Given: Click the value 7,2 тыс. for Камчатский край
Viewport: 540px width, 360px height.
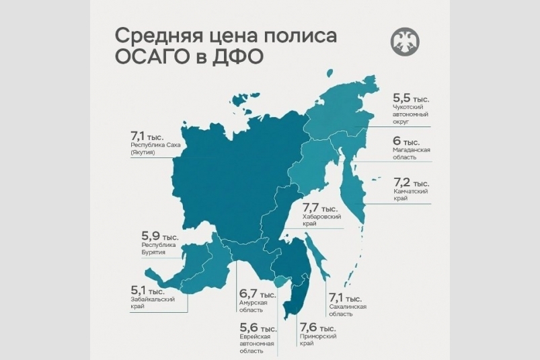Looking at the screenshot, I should (412, 183).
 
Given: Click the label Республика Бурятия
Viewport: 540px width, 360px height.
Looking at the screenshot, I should (158, 250).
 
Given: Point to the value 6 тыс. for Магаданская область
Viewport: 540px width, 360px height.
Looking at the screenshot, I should (407, 142).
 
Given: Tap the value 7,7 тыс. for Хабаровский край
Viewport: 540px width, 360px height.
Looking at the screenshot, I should (319, 208).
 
